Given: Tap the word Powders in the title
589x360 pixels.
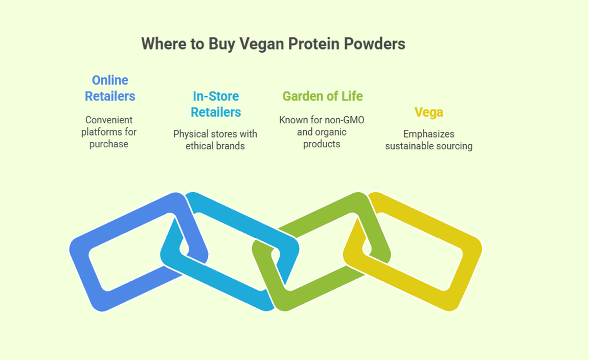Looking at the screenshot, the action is [374, 43].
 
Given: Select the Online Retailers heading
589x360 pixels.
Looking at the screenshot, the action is [110, 88].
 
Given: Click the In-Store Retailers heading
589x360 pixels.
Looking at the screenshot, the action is [216, 104].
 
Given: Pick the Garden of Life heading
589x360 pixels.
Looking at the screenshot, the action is [322, 96].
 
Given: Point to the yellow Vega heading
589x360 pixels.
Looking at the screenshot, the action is [428, 112].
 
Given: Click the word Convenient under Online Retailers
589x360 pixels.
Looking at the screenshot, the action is [109, 120].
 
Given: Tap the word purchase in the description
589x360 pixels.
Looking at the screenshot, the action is [109, 144].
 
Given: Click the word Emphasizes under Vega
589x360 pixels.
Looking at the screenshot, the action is [428, 134].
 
